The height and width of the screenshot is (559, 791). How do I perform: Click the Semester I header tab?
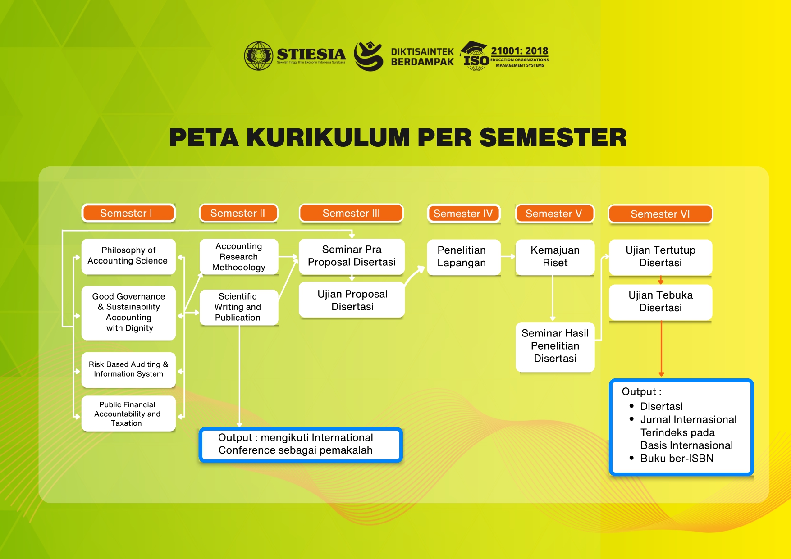128,213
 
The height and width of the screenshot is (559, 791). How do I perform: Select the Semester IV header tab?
463,214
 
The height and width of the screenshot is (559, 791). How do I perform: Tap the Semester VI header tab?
660,214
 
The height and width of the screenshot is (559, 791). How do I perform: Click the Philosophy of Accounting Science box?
128,256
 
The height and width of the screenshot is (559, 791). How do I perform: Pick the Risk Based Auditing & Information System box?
128,369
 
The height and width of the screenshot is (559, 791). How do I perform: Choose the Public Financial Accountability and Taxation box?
128,414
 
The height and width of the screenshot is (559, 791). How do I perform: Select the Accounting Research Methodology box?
239,257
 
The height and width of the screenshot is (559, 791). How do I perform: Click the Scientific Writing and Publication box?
238,307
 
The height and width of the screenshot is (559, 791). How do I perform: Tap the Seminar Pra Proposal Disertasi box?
352,256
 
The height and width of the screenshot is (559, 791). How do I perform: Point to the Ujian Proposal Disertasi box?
352,300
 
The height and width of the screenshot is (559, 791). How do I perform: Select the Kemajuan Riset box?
555,257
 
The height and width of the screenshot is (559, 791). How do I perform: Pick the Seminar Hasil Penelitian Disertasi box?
555,346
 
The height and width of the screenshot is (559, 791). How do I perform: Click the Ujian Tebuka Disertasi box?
660,302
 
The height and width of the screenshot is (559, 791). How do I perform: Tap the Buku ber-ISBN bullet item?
677,459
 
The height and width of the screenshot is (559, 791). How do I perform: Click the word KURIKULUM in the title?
328,137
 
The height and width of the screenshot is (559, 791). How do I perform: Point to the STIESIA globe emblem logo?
259,56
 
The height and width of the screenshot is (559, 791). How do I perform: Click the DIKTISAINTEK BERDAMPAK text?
422,57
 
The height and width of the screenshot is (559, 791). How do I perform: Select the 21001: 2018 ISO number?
519,51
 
